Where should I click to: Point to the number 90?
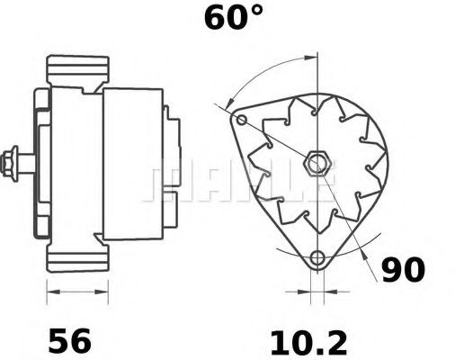coord(404,270)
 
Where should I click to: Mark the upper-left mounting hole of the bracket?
coord(240,120)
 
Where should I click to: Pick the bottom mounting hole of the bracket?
coord(316,261)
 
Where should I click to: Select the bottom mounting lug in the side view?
coord(77,260)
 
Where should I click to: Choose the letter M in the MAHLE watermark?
coord(166,183)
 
